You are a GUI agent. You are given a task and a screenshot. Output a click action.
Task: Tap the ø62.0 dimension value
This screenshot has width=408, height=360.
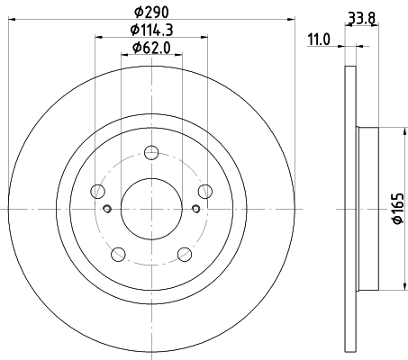point(151,47)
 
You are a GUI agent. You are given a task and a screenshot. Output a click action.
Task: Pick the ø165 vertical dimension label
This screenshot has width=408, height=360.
point(396,209)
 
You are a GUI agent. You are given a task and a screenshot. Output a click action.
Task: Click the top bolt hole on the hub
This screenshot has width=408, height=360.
point(151,155)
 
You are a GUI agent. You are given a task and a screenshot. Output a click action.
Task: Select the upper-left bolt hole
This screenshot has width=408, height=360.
point(98,190)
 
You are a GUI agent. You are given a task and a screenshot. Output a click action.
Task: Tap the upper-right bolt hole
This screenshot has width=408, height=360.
point(205,190)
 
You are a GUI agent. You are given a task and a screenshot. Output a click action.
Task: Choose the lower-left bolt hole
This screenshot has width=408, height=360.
point(118,253)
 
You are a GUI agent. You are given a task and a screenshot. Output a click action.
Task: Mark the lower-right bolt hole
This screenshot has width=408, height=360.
point(185,253)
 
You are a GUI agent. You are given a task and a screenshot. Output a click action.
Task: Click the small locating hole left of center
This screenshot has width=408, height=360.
point(107,209)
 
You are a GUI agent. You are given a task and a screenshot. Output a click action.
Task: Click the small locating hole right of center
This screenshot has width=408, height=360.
point(195,209)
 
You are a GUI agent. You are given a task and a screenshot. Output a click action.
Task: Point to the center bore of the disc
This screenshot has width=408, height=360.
point(151,208)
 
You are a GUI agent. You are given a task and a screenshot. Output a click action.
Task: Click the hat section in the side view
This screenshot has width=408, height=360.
point(367,209)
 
